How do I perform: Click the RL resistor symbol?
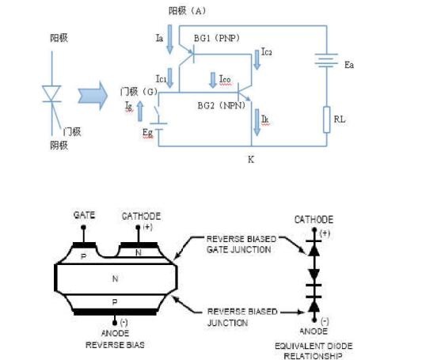click(326, 119)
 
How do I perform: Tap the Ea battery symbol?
click(326, 61)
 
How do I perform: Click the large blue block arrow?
click(93, 96)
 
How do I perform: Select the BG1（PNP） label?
click(217, 38)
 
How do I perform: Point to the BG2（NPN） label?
click(222, 106)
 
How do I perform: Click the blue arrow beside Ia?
click(169, 39)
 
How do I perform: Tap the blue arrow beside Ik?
click(257, 123)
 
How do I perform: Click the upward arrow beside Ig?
click(140, 112)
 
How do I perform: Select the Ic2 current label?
click(267, 51)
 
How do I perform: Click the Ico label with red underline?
click(225, 79)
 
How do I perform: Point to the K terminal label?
click(251, 160)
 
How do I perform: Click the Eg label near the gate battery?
click(147, 133)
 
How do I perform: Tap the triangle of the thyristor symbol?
click(51, 93)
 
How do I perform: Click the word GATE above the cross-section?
click(84, 215)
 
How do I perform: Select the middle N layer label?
click(115, 279)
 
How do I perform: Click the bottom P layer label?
click(115, 302)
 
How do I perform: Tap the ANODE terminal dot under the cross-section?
click(115, 323)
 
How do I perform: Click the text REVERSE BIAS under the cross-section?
click(115, 345)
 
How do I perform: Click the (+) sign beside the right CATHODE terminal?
click(325, 233)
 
